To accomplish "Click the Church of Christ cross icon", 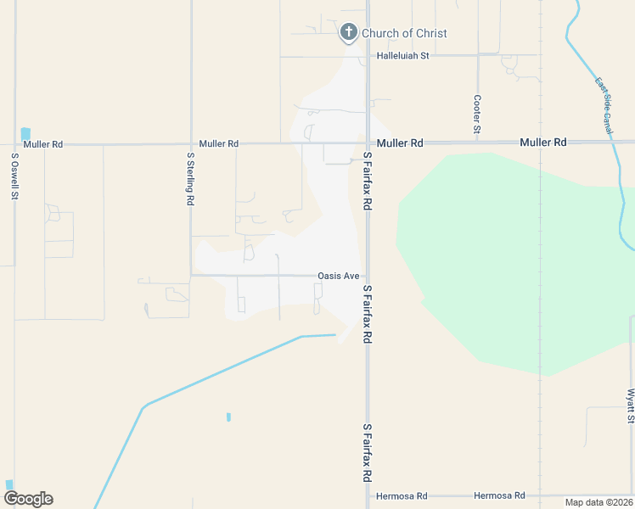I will pos(348,33).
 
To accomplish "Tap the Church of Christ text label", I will pos(404,33).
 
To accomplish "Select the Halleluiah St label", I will pos(404,55).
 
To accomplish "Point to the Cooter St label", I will pos(477,114).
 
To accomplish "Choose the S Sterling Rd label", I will pos(190,179).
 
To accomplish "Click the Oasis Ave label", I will pos(339,276).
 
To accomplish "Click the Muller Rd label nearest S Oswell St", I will pos(43,144).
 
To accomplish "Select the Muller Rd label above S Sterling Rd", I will pos(218,144).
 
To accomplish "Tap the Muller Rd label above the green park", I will pos(543,143).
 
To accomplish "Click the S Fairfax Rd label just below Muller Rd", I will pos(368,182).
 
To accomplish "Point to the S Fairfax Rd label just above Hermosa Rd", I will pos(368,453).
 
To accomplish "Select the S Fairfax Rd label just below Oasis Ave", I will pos(368,314).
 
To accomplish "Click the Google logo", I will pos(28,499).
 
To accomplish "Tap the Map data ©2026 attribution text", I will pos(598,502).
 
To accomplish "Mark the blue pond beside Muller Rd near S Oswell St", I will pos(25,133).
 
